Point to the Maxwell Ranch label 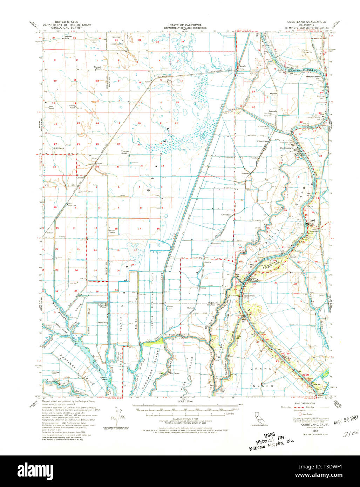[97, 68]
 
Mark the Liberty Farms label [102, 306]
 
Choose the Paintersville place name [249, 296]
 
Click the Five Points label [170, 335]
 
